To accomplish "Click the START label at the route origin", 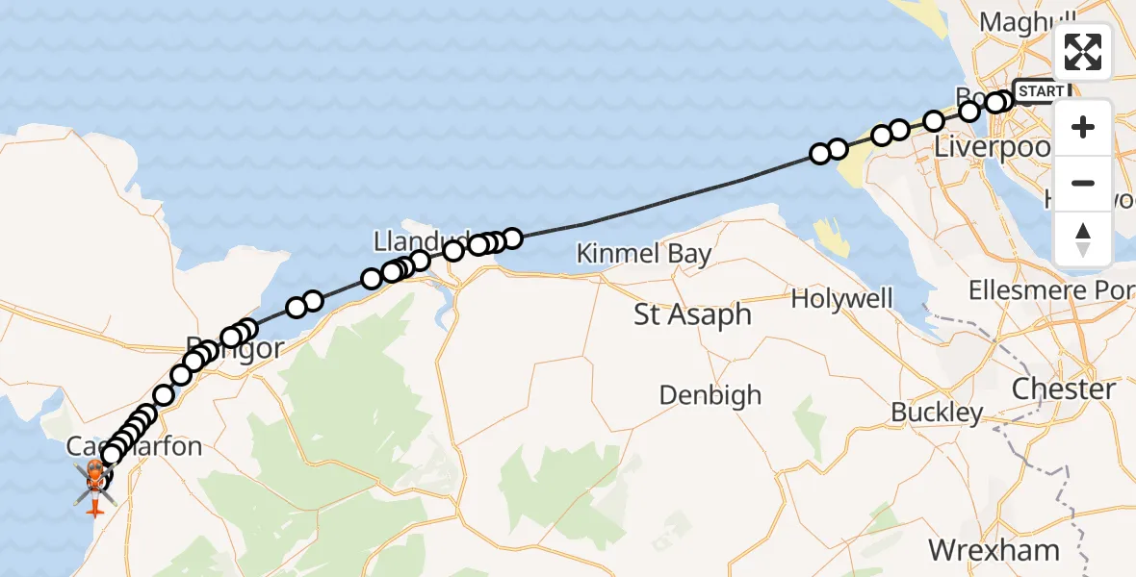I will click(x=1041, y=91).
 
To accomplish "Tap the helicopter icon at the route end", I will click(x=95, y=478).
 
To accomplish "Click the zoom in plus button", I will click(x=1083, y=128).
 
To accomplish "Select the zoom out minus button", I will click(x=1083, y=183).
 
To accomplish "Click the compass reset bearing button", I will click(x=1083, y=238).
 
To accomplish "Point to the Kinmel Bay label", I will click(x=644, y=254).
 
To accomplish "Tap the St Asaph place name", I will click(x=692, y=314).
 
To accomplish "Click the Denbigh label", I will click(x=710, y=395).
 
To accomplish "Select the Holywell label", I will click(x=842, y=299).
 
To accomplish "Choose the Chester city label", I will click(x=1064, y=389).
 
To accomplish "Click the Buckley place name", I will click(x=937, y=413).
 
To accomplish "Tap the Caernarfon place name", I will click(x=135, y=446).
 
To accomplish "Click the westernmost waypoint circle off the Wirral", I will click(x=820, y=154).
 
